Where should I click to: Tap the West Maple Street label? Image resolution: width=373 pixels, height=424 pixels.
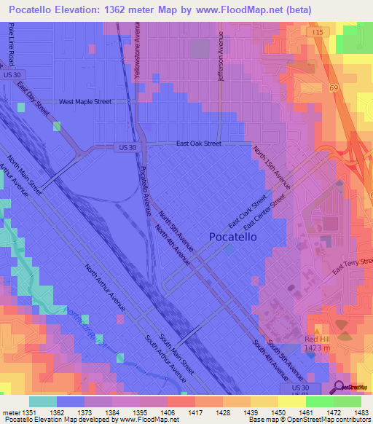[x=85, y=102]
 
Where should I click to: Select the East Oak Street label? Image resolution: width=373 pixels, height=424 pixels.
[x=198, y=144]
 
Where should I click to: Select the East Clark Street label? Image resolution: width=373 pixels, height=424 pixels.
[x=248, y=212]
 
